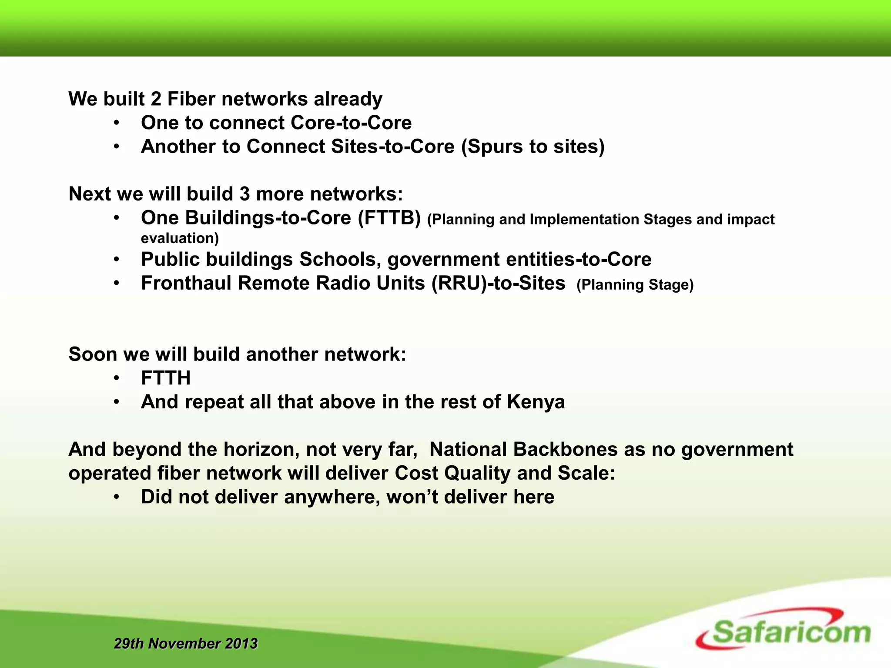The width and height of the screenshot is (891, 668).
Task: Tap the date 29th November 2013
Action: [186, 643]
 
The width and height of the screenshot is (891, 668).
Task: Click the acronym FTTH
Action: [166, 378]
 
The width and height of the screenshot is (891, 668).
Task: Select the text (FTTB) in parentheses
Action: [389, 218]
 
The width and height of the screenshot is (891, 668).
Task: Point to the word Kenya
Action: [536, 402]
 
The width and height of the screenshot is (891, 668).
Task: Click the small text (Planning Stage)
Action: [635, 285]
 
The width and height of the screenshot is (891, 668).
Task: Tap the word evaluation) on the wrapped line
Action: [180, 238]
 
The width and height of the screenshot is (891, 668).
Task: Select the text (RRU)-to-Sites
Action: [498, 283]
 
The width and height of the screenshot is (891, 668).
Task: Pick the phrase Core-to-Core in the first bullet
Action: [351, 123]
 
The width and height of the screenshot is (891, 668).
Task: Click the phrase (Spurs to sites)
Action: [533, 147]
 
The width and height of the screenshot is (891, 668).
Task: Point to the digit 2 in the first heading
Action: [156, 99]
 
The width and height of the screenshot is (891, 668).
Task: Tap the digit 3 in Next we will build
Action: [245, 194]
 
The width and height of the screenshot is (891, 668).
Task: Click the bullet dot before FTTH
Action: [116, 378]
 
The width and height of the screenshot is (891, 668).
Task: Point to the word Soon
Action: [93, 354]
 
